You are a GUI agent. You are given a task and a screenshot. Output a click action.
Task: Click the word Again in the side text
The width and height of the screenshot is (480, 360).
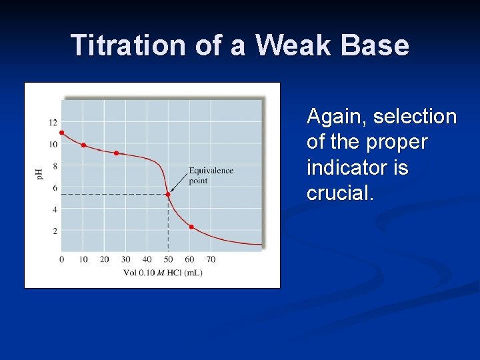coord(337,117)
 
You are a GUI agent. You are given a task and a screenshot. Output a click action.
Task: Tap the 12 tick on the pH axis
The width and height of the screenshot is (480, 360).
coord(53,123)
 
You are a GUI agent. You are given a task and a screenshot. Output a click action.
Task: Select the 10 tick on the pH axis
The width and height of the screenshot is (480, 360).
coord(53,144)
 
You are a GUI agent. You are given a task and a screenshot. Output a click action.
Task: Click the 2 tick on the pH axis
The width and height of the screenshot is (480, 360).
coord(55,231)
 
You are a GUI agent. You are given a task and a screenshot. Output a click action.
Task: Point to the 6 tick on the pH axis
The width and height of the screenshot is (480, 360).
coord(55,188)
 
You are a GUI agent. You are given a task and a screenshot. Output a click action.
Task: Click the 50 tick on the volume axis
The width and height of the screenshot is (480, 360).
coord(168,259)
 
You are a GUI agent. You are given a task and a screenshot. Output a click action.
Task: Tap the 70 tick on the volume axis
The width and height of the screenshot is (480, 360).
coord(211,259)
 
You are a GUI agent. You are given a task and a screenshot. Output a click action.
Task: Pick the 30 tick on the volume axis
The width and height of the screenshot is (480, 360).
coord(125,259)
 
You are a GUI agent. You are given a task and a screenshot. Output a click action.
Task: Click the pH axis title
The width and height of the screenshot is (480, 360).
coord(38,175)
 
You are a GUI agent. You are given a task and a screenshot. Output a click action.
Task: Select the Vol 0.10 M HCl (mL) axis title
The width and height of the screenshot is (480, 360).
coord(163,273)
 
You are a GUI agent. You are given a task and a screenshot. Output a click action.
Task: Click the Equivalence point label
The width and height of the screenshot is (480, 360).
coord(211,175)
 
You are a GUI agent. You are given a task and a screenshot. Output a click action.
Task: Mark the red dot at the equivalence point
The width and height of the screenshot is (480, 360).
coord(168,195)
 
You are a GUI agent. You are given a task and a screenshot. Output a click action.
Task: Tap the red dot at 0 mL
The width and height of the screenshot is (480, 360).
coord(62,133)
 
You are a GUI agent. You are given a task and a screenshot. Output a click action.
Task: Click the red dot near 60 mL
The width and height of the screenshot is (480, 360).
coord(191,227)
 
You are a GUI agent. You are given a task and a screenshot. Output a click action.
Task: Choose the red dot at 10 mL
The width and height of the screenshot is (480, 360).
coord(83,145)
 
